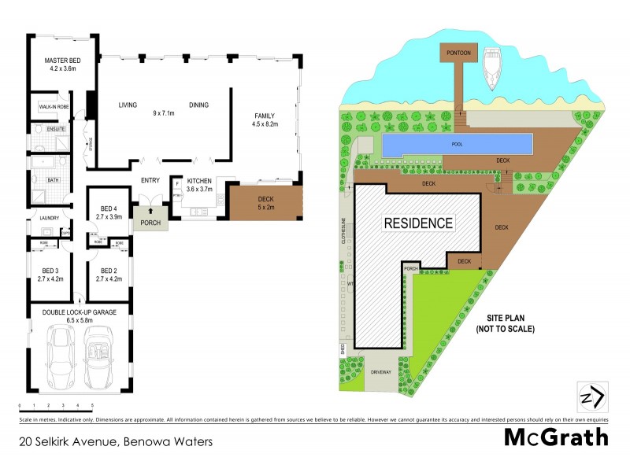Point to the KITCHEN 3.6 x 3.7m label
pyautogui.click(x=199, y=185)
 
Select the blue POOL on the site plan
pyautogui.click(x=457, y=145)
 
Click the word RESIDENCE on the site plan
pyautogui.click(x=418, y=223)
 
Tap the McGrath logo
pyautogui.click(x=557, y=437)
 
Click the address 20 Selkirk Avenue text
pyautogui.click(x=117, y=441)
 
